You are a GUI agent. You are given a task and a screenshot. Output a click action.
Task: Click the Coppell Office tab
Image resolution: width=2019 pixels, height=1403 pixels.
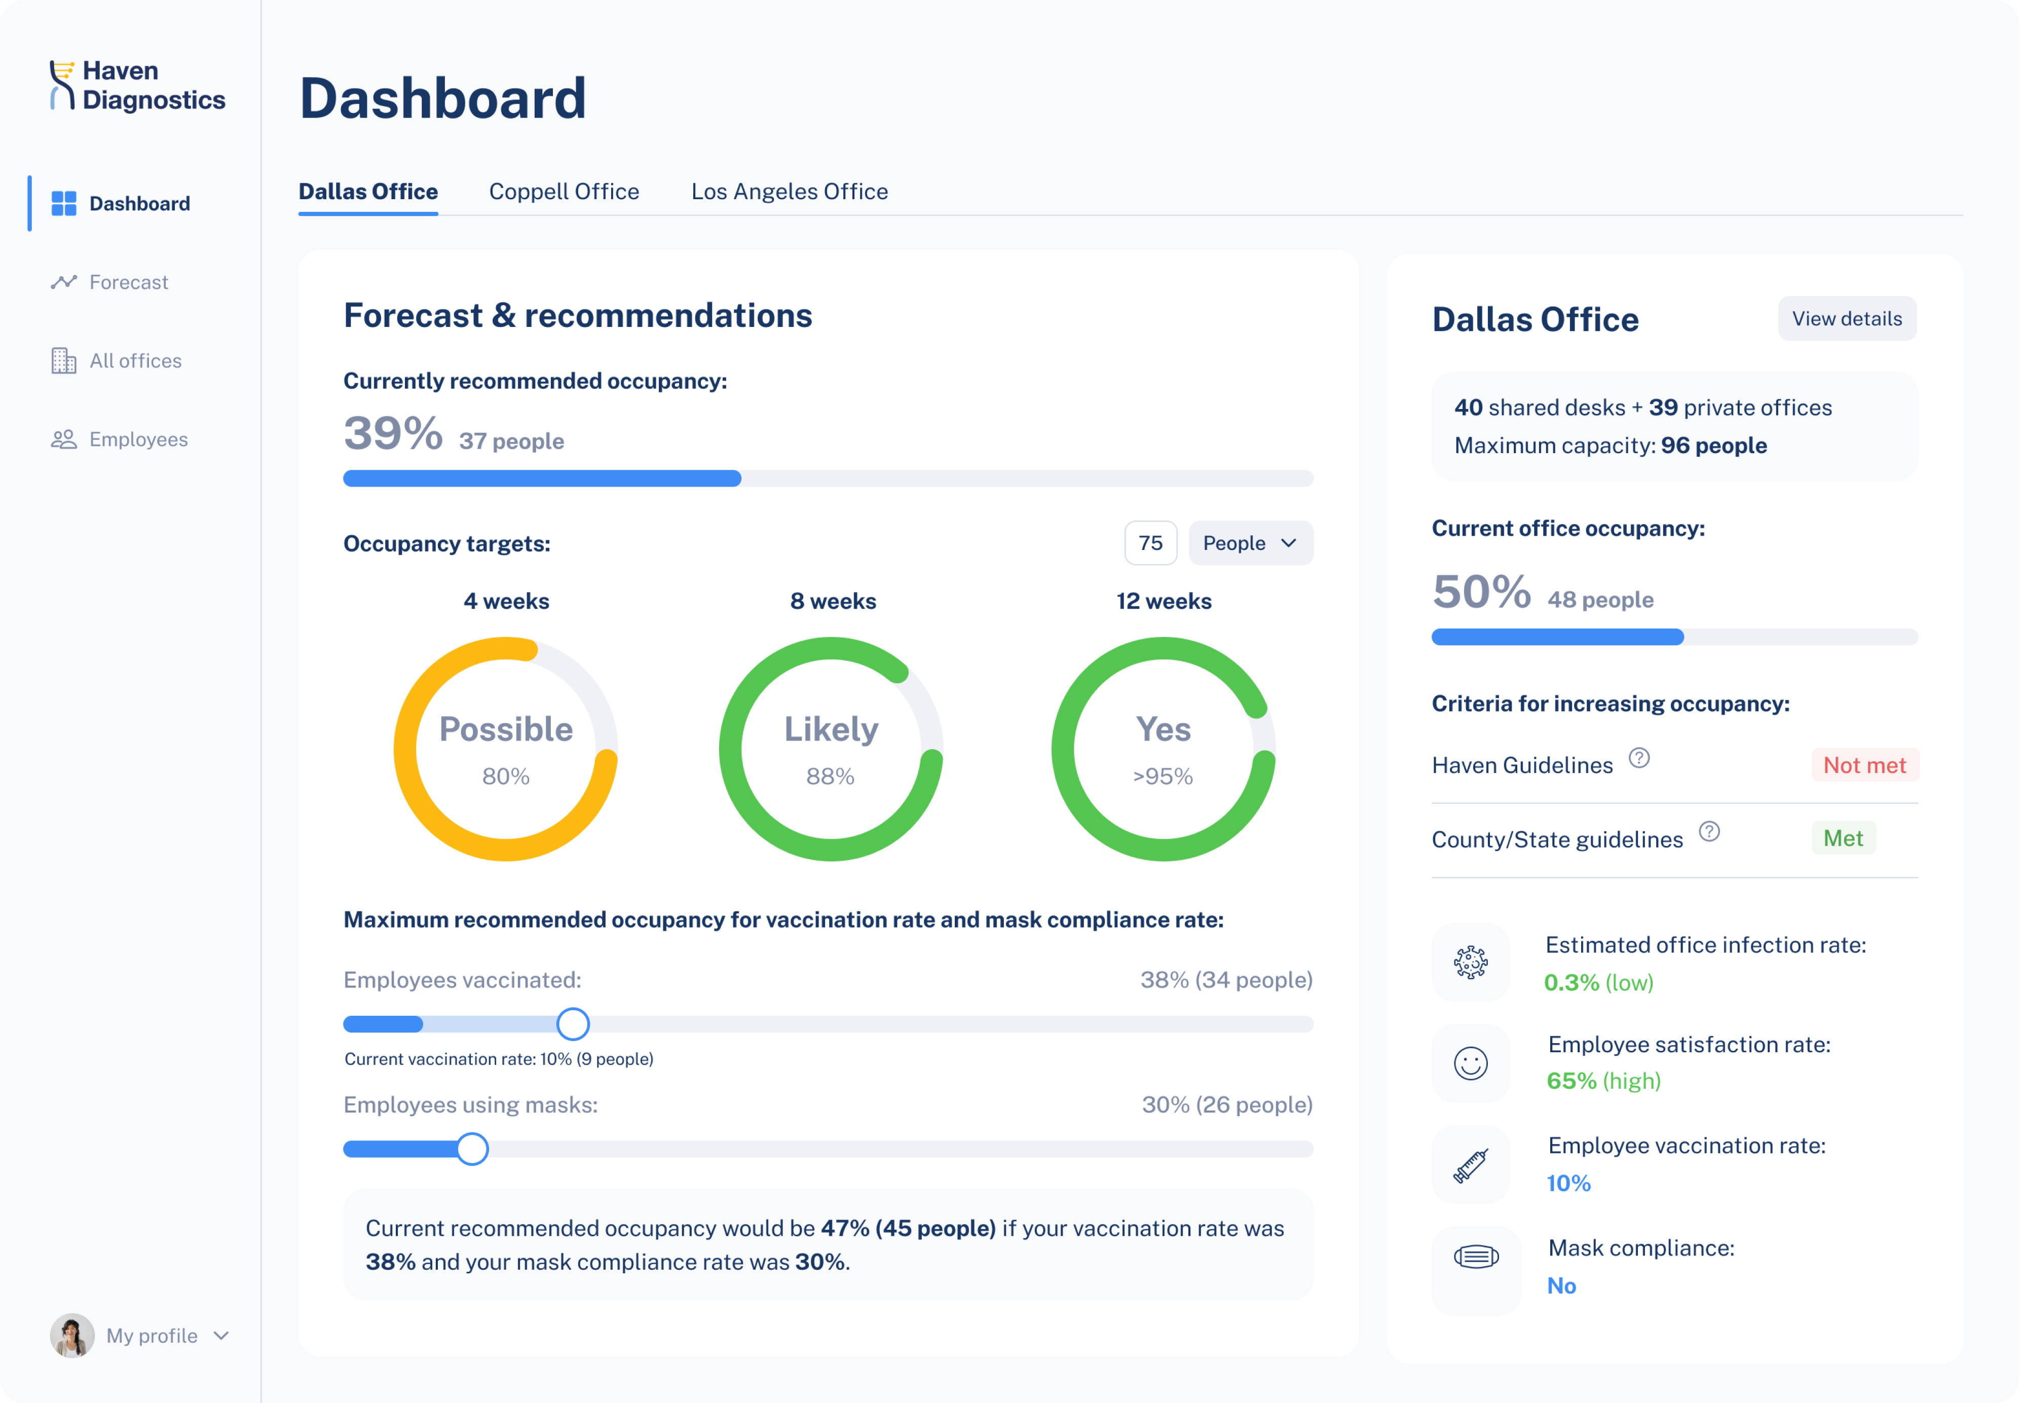[564, 192]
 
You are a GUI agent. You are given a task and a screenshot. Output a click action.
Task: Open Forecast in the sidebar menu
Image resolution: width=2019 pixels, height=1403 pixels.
[128, 282]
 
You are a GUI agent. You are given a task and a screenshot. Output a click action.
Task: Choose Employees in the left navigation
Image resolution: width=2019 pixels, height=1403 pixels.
[138, 439]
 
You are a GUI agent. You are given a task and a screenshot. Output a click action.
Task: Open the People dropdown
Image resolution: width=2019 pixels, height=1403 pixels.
[1249, 543]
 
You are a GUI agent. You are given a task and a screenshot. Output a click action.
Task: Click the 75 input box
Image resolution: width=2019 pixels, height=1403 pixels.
[1150, 543]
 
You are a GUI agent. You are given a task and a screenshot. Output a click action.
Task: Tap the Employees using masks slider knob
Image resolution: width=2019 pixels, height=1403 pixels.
[472, 1149]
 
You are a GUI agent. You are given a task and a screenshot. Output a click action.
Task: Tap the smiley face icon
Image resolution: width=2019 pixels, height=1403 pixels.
[1471, 1064]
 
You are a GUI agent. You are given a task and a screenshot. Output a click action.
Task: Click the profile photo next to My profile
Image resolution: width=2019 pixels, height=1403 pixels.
[72, 1335]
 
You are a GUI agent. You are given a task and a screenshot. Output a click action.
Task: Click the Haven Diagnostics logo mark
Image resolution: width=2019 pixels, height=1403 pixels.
[61, 85]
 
